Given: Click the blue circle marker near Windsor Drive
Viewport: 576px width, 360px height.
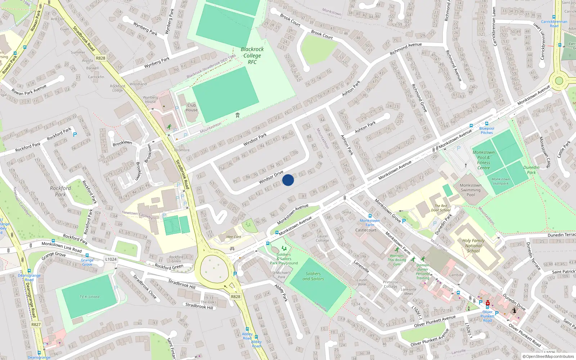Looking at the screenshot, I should pyautogui.click(x=288, y=180).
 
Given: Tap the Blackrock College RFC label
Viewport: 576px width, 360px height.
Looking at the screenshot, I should pyautogui.click(x=252, y=55).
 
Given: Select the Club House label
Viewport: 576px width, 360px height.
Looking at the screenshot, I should pyautogui.click(x=192, y=108).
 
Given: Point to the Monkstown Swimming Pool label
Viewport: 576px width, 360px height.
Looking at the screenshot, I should pyautogui.click(x=471, y=190).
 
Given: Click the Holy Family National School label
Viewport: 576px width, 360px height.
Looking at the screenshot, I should pyautogui.click(x=473, y=246).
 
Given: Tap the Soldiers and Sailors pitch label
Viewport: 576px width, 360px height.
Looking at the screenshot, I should pyautogui.click(x=313, y=276).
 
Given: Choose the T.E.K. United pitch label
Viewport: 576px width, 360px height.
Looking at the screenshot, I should pyautogui.click(x=89, y=297).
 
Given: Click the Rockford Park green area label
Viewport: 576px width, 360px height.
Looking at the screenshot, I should pyautogui.click(x=60, y=191).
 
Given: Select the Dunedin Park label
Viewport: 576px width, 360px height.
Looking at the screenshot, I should pyautogui.click(x=531, y=170).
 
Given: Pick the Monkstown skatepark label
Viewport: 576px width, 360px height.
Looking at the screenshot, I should pyautogui.click(x=500, y=181).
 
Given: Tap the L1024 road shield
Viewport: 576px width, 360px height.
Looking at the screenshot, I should pyautogui.click(x=111, y=259).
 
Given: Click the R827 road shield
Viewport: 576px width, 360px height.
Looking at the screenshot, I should pyautogui.click(x=36, y=324).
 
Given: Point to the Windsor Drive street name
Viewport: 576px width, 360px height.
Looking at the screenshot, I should pyautogui.click(x=271, y=177).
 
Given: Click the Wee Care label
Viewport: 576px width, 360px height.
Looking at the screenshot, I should pyautogui.click(x=234, y=237).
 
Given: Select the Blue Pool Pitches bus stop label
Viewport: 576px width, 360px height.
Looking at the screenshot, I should pyautogui.click(x=487, y=130).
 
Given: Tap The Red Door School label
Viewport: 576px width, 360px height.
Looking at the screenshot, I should pyautogui.click(x=441, y=208).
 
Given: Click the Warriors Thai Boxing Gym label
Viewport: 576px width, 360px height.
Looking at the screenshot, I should pyautogui.click(x=397, y=260).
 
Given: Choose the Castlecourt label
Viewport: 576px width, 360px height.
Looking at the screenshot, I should pyautogui.click(x=366, y=230).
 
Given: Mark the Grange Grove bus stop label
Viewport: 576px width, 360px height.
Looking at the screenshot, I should pyautogui.click(x=87, y=262).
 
